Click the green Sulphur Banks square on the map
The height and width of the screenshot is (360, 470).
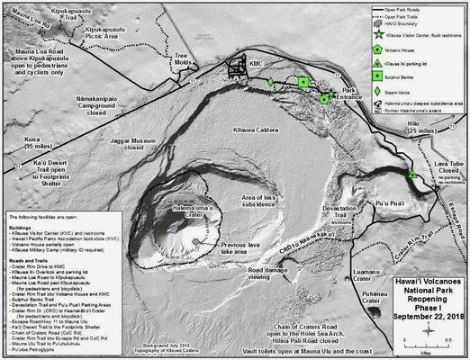[x=303, y=83]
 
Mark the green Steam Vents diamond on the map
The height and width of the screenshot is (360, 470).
[x=270, y=83]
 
